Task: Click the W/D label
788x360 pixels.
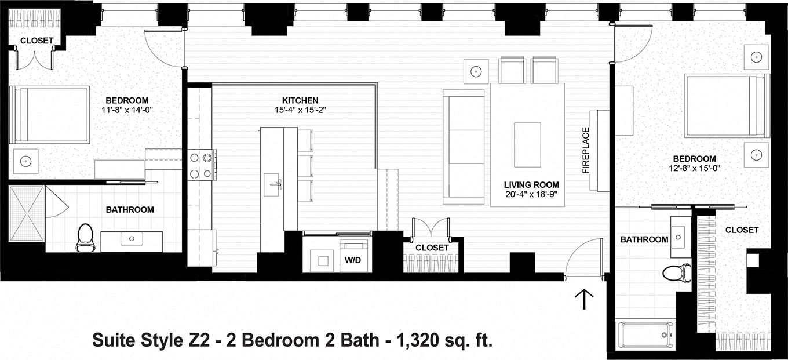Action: point(353,260)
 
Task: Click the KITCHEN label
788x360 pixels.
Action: point(300,100)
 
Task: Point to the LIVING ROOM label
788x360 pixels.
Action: point(526,186)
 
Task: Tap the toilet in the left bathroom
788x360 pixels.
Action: point(85,237)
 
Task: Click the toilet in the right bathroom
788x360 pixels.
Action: point(677,272)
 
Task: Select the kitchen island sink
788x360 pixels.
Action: point(273,185)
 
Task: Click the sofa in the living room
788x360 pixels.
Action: point(464,147)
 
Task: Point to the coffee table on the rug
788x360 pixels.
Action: point(527,137)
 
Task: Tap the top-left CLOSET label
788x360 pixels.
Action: point(37,41)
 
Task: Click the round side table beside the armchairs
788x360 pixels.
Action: point(476,71)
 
